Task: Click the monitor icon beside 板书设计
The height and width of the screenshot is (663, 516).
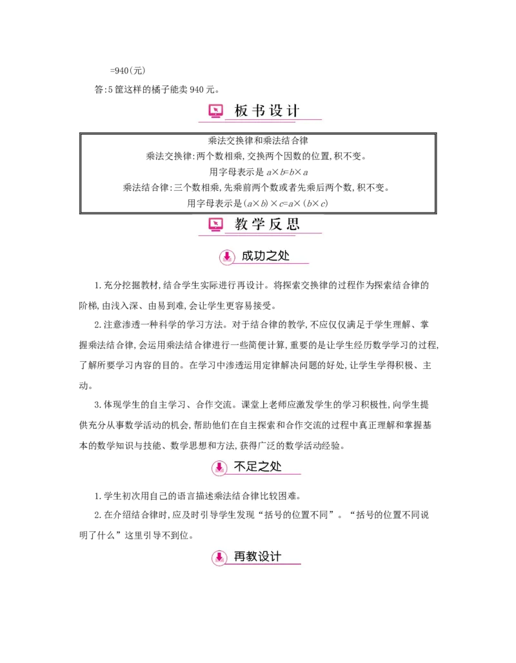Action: click(x=215, y=111)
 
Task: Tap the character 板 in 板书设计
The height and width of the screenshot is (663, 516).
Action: click(x=241, y=111)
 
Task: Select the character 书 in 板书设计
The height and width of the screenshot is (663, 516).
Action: click(x=259, y=111)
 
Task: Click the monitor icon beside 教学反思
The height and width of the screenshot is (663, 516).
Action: click(x=215, y=224)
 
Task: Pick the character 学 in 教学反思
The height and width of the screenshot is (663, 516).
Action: click(x=259, y=224)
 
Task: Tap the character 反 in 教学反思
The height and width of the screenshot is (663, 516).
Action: click(x=276, y=224)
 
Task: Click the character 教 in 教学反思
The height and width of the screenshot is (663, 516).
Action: click(x=241, y=224)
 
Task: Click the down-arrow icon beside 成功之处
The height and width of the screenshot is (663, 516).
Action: click(x=227, y=257)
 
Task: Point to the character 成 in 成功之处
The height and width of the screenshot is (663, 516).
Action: click(x=248, y=256)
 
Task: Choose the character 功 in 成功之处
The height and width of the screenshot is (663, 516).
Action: click(x=260, y=256)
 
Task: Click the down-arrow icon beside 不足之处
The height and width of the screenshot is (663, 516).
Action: click(x=219, y=468)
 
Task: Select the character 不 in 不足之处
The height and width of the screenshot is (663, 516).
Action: click(x=240, y=467)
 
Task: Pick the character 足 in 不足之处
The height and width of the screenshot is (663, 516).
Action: click(x=252, y=467)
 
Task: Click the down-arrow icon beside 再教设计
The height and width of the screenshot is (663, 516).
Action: click(x=219, y=557)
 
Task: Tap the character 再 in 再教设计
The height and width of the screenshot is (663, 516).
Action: click(x=240, y=557)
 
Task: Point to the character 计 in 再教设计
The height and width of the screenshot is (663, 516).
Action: click(x=276, y=557)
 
